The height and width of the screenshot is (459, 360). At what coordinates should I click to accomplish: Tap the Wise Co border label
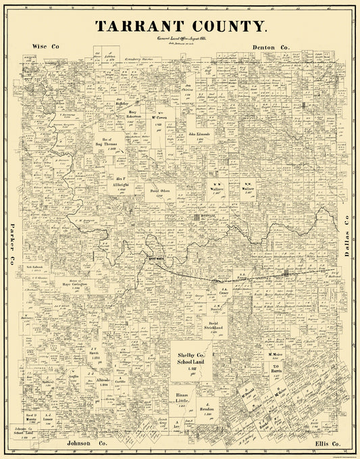(x=45, y=47)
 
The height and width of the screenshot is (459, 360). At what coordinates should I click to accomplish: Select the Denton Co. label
(x=271, y=47)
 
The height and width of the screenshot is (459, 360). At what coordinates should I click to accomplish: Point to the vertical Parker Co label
(x=12, y=244)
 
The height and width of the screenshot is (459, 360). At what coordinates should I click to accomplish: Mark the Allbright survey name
(x=122, y=183)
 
